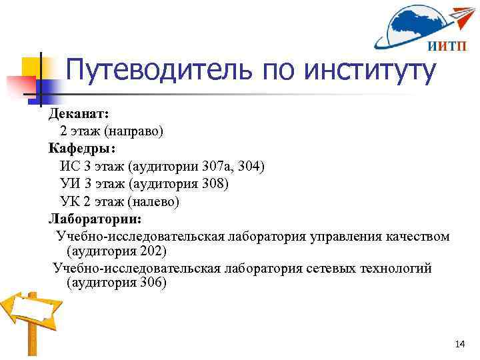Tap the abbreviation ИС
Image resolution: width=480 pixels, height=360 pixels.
(x=69, y=165)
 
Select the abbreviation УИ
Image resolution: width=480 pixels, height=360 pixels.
(x=69, y=183)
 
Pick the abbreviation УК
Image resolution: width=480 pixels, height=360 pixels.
(x=69, y=200)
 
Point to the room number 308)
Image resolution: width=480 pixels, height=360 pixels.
(x=214, y=183)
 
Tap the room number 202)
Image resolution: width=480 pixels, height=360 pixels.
(x=153, y=251)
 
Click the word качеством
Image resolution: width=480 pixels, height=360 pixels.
(x=415, y=236)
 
